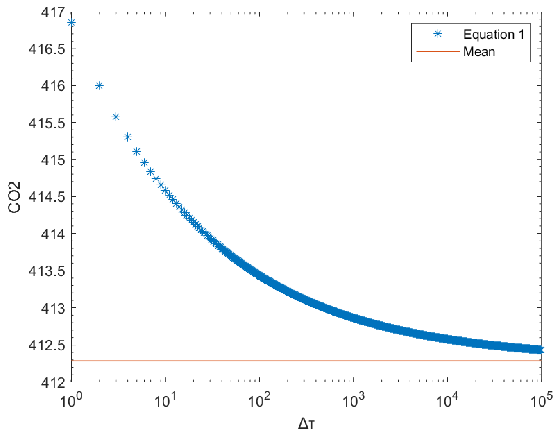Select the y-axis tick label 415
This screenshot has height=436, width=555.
(x=53, y=160)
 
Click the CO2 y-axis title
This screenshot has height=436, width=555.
(x=14, y=197)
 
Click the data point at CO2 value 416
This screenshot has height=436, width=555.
(x=99, y=86)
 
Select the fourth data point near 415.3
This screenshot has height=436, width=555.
(x=127, y=137)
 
